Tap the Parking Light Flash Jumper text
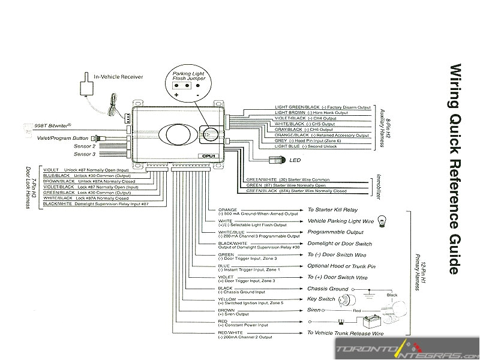[x=188, y=76]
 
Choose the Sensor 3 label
[x=85, y=154]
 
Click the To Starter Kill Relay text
[x=332, y=210]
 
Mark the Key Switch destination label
[x=321, y=299]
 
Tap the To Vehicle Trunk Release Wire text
[x=345, y=332]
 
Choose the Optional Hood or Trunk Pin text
[x=341, y=266]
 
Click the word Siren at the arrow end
[x=314, y=310]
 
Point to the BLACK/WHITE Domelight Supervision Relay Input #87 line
[x=95, y=204]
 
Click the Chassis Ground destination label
[x=328, y=289]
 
